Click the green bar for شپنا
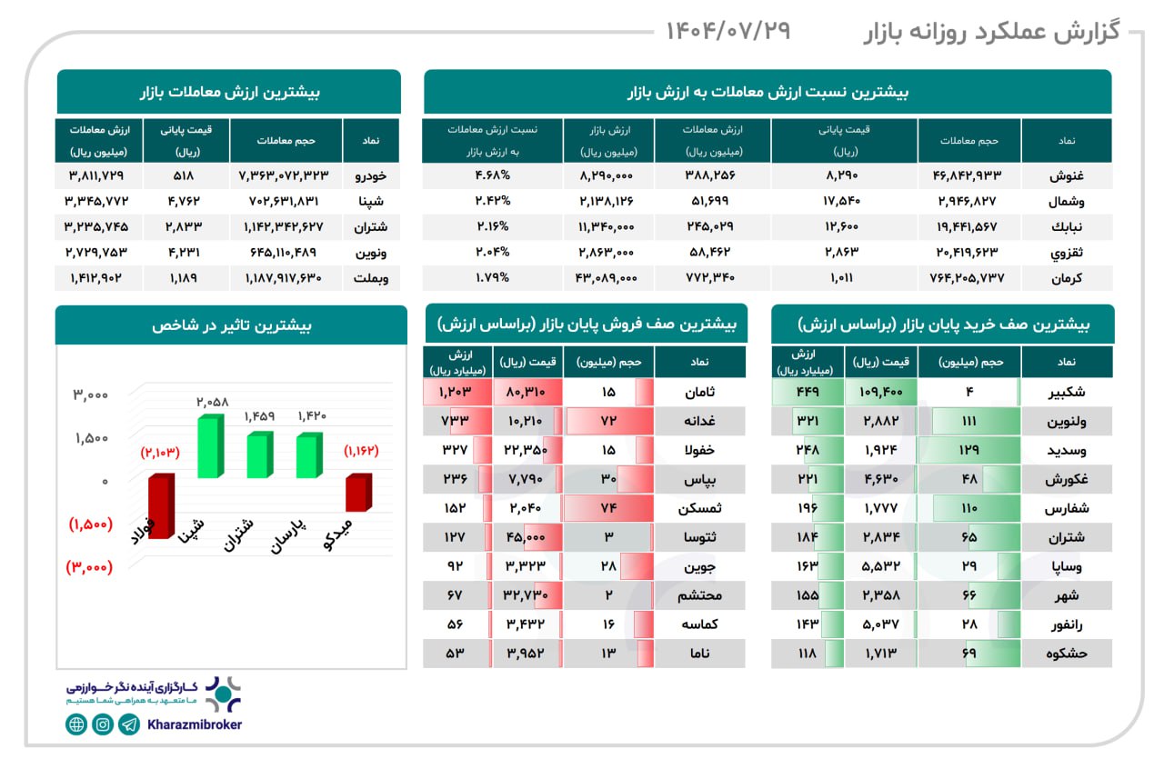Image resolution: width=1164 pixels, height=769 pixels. (210, 447)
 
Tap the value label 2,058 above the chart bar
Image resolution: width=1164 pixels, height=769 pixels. (210, 401)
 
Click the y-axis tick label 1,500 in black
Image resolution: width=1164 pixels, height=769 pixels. (91, 438)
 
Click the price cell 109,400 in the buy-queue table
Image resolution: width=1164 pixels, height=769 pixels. (880, 393)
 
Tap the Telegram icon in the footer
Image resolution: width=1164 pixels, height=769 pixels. (129, 724)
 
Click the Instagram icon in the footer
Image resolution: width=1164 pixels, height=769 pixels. (103, 724)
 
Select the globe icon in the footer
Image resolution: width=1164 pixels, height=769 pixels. (76, 724)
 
